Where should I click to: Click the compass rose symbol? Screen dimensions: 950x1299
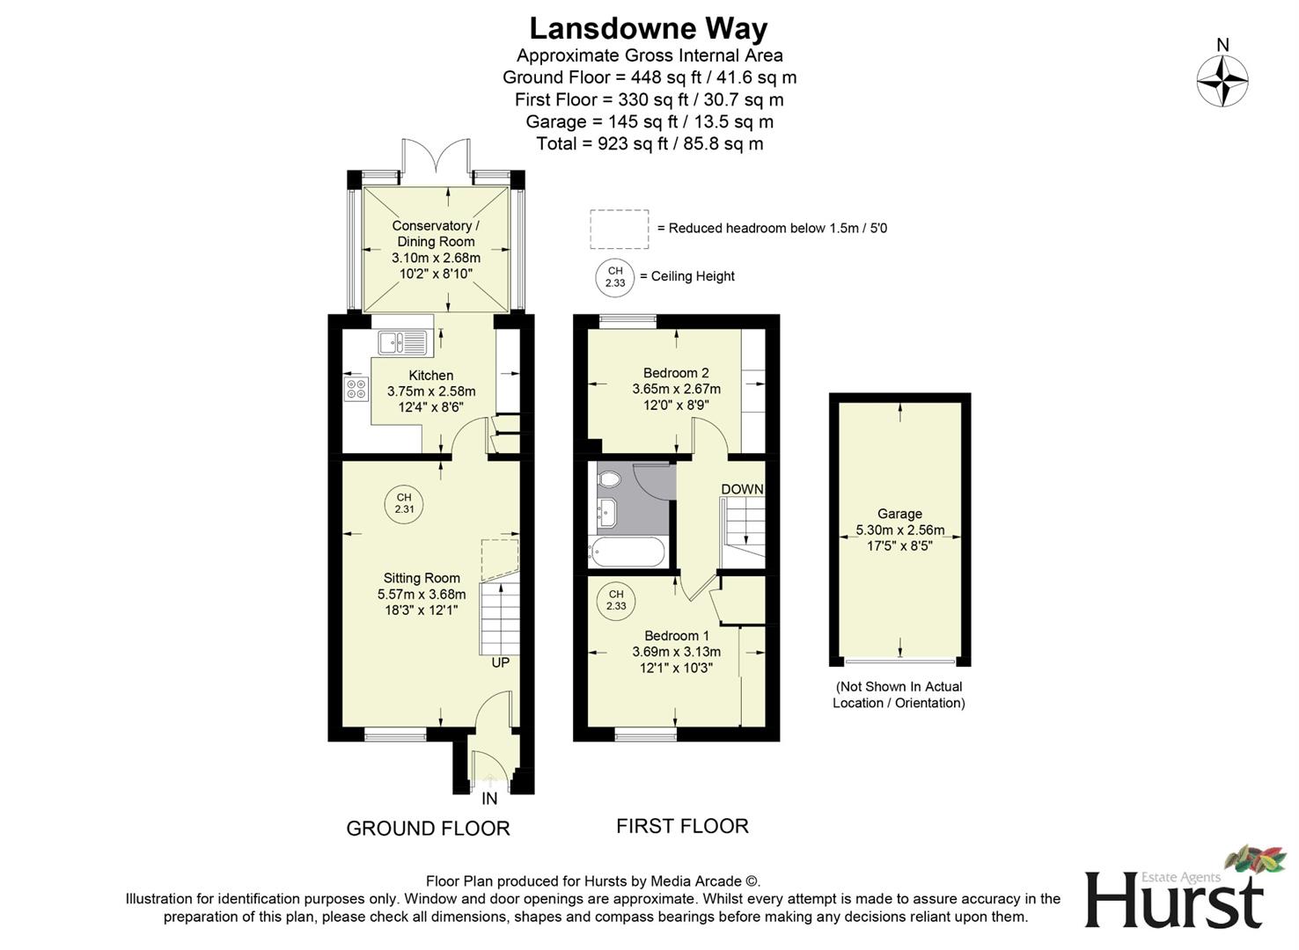coord(1222,81)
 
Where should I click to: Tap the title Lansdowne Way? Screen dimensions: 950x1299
coord(649,28)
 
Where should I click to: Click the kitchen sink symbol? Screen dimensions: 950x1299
coord(402,341)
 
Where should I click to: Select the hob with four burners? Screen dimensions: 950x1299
coord(356,389)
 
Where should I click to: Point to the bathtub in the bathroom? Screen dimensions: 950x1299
coord(627,553)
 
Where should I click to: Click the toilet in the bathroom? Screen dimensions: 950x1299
coord(609,479)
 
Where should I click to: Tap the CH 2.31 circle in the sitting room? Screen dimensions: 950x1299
coord(404,504)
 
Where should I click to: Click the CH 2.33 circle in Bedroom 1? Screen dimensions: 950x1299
coord(616,600)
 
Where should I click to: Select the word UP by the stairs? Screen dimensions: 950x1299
coord(500,662)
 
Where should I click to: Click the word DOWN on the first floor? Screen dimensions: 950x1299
coord(742,489)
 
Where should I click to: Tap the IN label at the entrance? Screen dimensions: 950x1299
coord(489,799)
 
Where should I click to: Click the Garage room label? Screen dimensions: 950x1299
coord(899,514)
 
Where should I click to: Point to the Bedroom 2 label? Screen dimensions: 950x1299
coord(676,373)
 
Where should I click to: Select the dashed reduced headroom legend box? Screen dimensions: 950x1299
coord(620,229)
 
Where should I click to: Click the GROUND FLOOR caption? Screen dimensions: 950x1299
coord(428,829)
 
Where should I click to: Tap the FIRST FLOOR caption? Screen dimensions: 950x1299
coord(682,826)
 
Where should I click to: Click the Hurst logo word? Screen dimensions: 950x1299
coord(1173,901)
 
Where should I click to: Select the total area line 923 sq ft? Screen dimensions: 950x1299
coord(649,143)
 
